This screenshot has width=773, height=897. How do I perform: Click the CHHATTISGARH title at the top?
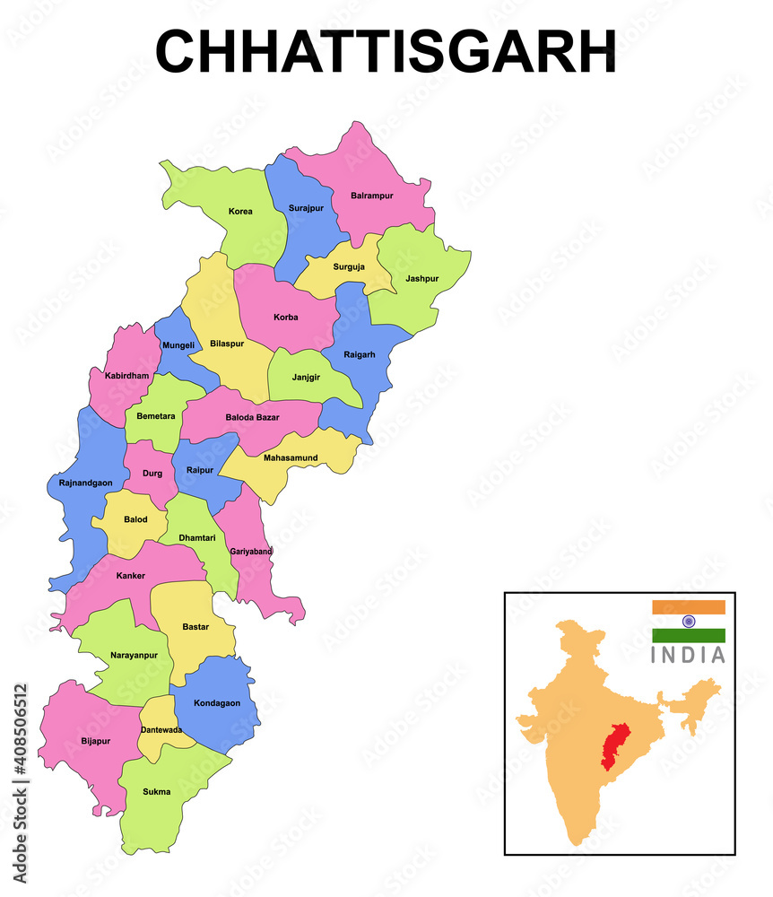click(386, 51)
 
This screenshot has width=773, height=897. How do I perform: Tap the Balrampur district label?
click(374, 195)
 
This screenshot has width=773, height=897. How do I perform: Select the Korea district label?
click(240, 212)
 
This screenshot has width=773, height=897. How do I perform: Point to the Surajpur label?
click(306, 208)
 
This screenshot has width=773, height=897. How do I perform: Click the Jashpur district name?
click(421, 278)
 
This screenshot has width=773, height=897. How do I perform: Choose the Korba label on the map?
click(286, 318)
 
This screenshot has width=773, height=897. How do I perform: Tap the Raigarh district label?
click(360, 354)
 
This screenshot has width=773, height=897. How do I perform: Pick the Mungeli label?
click(178, 345)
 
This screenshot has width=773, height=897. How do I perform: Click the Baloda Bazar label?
click(252, 417)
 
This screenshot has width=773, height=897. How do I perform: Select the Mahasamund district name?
click(291, 457)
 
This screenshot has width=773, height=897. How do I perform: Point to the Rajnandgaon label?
click(80, 483)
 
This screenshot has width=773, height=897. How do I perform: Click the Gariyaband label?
click(250, 551)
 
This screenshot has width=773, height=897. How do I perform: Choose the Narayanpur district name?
click(134, 655)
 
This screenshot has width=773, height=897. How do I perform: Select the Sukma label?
click(156, 792)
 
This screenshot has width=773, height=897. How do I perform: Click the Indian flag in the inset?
click(689, 621)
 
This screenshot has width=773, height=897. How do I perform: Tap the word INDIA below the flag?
click(689, 655)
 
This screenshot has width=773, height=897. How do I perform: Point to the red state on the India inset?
click(615, 743)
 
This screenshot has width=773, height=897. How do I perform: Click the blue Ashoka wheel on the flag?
click(689, 621)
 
